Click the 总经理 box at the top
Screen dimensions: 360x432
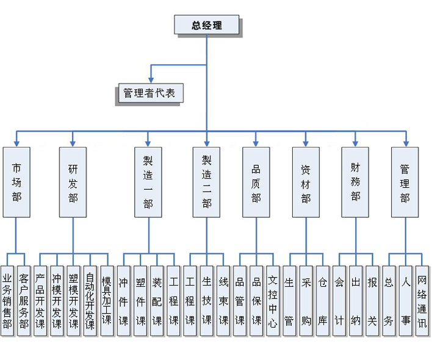pos(206,25)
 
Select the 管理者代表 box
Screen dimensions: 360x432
pos(149,94)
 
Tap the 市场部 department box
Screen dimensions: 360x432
pos(16,181)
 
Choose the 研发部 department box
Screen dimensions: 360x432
pos(73,181)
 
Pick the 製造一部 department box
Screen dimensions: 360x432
pos(148,181)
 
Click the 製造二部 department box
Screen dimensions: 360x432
pos(206,181)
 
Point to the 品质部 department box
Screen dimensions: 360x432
pos(256,181)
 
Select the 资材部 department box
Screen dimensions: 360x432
pos(306,181)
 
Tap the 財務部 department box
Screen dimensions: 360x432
pos(355,181)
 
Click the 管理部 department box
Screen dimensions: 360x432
pos(405,181)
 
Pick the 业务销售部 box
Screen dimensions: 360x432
pos(7,300)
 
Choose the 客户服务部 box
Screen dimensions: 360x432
pos(24,300)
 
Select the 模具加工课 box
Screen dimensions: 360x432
pos(107,300)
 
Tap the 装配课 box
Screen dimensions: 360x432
pos(157,300)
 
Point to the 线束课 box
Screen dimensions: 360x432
pos(223,300)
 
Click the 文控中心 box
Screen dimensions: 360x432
pos(273,300)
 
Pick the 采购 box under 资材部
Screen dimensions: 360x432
pos(306,300)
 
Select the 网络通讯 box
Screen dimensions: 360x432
pos(422,300)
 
